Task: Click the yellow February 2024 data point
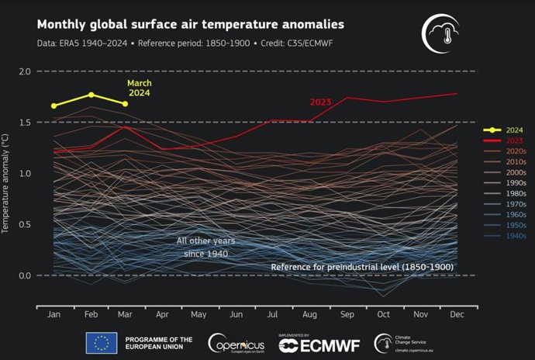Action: click(x=91, y=95)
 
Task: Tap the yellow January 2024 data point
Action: click(x=53, y=106)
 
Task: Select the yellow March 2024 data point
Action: click(x=124, y=104)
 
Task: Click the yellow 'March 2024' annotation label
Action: click(x=140, y=88)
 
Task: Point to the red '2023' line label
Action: click(x=320, y=102)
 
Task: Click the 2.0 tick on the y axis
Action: click(x=24, y=71)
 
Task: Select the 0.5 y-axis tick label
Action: click(x=24, y=225)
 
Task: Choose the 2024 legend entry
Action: click(x=513, y=130)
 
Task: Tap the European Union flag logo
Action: click(x=101, y=343)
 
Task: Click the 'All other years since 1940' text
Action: click(x=205, y=247)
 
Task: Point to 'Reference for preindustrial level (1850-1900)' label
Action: click(x=361, y=267)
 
